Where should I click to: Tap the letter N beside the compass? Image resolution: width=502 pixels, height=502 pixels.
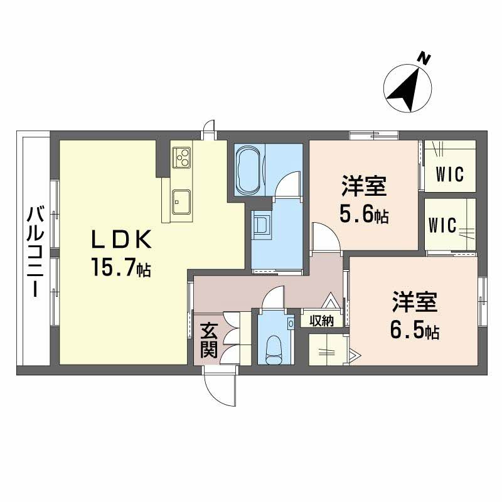[425, 60]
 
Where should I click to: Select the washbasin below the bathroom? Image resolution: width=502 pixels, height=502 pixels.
[262, 223]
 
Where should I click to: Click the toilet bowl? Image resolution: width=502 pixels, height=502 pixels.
[274, 348]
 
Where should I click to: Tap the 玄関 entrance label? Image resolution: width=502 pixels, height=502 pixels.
[209, 341]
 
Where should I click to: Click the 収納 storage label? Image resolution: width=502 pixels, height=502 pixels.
[321, 321]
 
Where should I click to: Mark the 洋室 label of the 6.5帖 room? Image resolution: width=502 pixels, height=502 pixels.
[415, 303]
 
